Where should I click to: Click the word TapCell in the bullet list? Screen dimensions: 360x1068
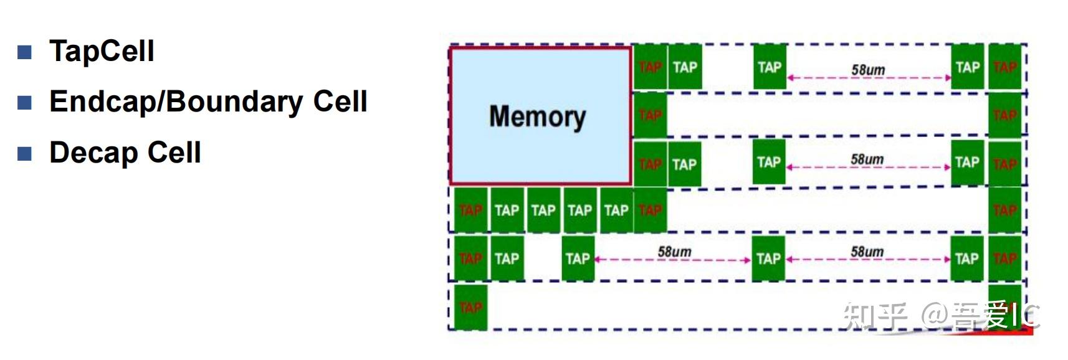tap(102, 51)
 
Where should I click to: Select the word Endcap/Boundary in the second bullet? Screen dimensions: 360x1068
tap(177, 102)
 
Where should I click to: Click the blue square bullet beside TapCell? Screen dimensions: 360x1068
tap(24, 52)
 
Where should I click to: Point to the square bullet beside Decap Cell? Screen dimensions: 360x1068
tap(24, 153)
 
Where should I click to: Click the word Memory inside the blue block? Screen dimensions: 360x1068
tap(537, 116)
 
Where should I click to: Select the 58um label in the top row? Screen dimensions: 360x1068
tap(868, 70)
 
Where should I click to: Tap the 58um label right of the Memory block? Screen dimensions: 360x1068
tap(867, 159)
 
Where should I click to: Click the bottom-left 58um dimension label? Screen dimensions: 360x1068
tap(674, 252)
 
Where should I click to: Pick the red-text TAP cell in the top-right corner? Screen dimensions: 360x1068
tap(1004, 67)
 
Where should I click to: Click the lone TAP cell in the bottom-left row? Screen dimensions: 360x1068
tap(470, 307)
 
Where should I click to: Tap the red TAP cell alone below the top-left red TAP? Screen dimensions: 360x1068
tap(650, 115)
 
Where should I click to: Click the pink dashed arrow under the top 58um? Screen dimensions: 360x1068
tap(869, 78)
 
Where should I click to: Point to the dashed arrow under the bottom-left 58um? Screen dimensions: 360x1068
tap(673, 260)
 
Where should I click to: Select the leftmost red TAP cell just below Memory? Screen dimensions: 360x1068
tap(470, 211)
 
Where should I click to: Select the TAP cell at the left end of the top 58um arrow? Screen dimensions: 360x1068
tap(770, 67)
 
